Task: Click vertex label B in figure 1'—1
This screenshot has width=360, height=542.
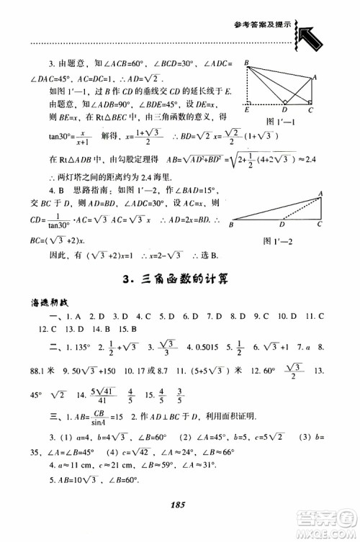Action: tap(247, 64)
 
